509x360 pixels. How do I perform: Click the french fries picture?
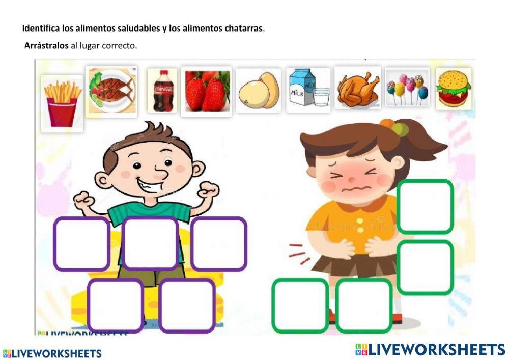[62, 103]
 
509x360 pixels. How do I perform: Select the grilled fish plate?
[111, 91]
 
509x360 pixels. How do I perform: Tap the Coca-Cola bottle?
[163, 90]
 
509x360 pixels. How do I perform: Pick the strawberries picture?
[206, 91]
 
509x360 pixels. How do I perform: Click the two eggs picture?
[259, 90]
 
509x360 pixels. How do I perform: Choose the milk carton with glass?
[308, 90]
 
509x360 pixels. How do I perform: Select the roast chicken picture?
[357, 88]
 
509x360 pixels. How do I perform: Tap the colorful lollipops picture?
[407, 88]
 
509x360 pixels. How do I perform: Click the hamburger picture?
[454, 88]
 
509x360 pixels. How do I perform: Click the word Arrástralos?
[46, 46]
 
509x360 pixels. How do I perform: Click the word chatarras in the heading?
[244, 28]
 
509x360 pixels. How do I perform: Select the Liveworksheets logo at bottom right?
[430, 349]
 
